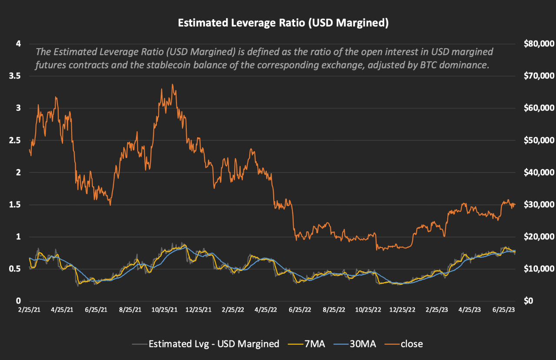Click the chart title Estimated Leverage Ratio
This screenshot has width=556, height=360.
(283, 23)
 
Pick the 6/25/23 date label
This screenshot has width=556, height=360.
(503, 310)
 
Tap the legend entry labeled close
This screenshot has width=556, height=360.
(411, 344)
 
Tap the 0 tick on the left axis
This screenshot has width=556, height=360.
(18, 301)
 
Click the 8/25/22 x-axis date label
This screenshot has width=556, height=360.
(334, 310)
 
